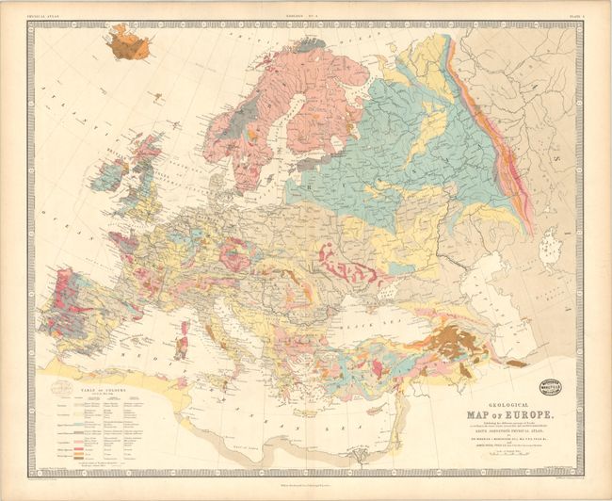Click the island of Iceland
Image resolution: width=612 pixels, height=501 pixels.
tap(129, 43)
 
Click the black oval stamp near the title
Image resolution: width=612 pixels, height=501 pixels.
tap(551, 386)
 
